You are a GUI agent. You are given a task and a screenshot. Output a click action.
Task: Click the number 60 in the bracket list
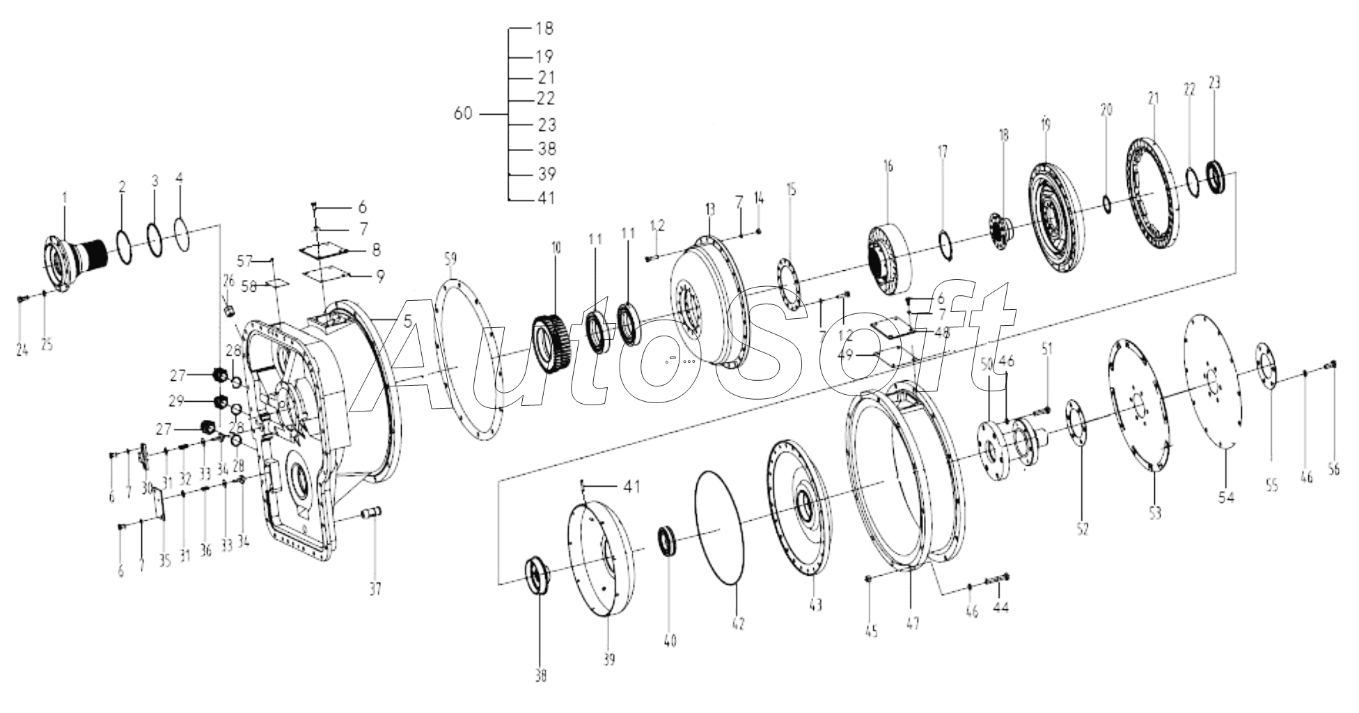(x=463, y=113)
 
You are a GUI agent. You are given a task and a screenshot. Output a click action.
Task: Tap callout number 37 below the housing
(x=375, y=590)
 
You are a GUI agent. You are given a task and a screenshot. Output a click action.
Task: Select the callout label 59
(x=450, y=259)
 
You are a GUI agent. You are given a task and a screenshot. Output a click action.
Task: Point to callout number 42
(x=738, y=624)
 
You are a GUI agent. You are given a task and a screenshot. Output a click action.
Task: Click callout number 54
(x=1226, y=496)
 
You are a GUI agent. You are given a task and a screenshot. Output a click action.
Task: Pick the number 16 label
(x=888, y=166)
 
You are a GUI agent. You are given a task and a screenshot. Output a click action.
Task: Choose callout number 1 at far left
(x=65, y=198)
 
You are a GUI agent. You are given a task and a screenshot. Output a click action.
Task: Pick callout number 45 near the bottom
(x=871, y=632)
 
